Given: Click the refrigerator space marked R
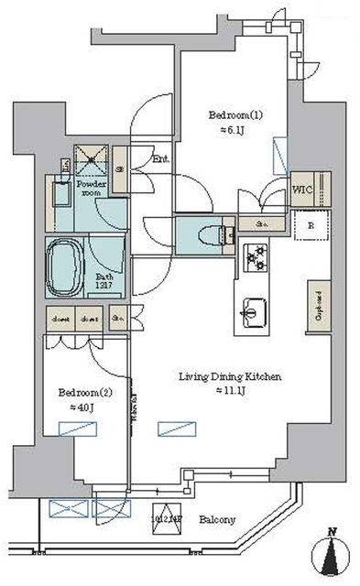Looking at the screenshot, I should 311,224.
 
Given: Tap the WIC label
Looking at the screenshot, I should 303,190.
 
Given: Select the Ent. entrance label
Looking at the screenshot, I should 161,159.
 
